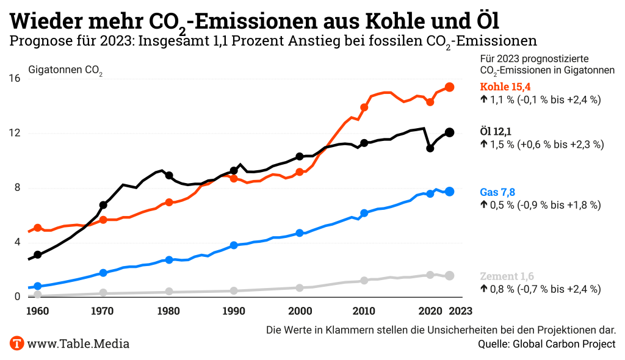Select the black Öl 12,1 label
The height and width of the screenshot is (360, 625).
tap(495, 131)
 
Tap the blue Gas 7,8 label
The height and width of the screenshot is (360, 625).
tap(497, 192)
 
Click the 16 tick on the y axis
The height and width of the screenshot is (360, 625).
tap(15, 79)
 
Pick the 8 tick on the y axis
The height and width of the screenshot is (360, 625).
tap(17, 188)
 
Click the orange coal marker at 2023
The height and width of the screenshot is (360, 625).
tap(449, 87)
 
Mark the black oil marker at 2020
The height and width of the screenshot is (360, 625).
tap(430, 148)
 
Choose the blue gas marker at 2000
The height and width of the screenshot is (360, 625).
tap(300, 233)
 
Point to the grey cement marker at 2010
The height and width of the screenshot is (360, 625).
tap(364, 281)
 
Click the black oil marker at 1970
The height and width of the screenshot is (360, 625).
tap(103, 205)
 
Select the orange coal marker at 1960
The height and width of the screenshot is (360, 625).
tap(38, 228)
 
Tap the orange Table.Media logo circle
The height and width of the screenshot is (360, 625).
tap(16, 343)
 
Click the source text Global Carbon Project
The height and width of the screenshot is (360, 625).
tap(563, 344)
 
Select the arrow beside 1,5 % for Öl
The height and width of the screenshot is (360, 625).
tap(483, 145)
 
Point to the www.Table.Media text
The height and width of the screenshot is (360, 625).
tap(78, 344)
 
